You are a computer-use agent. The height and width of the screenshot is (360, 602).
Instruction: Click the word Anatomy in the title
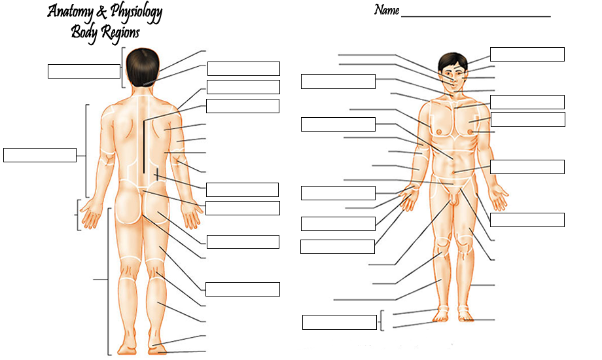(x=71, y=12)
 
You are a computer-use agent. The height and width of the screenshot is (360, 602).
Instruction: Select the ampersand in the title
(x=100, y=12)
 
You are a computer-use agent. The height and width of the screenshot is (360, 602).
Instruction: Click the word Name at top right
(x=386, y=10)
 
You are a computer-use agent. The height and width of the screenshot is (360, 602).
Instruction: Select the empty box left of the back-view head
(x=84, y=71)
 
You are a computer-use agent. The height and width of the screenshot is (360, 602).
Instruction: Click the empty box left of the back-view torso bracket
(x=39, y=155)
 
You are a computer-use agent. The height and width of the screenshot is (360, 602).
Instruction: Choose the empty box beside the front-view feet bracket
(x=339, y=322)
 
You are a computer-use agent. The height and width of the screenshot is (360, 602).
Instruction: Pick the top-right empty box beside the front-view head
(x=527, y=54)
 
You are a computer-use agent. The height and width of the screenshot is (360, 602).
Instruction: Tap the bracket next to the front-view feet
(x=381, y=320)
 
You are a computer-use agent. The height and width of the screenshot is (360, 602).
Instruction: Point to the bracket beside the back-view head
(x=123, y=67)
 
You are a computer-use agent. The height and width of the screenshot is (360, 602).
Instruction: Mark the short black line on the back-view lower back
(x=157, y=173)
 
